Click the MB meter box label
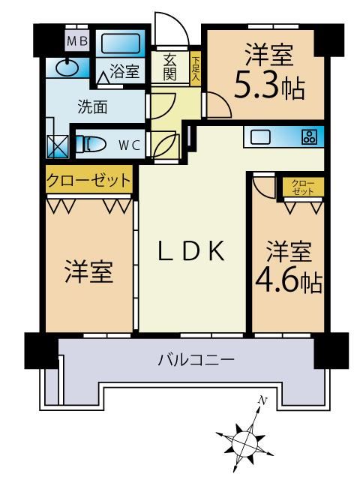(x=77, y=40)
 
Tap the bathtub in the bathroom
(x=121, y=43)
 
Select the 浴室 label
(x=124, y=71)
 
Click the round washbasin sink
(x=67, y=67)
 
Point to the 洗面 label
(x=92, y=106)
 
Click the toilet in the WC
(x=91, y=144)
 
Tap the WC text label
(x=130, y=145)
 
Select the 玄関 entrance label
(x=169, y=67)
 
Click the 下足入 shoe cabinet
(x=195, y=69)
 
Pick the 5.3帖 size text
(x=269, y=88)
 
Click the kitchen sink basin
(x=260, y=136)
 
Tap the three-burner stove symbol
(x=310, y=137)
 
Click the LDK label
(x=192, y=250)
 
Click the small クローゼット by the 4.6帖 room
(x=303, y=187)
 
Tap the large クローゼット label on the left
(x=88, y=180)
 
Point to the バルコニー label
(x=196, y=359)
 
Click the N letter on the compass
(x=262, y=400)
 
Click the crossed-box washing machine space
(x=58, y=147)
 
